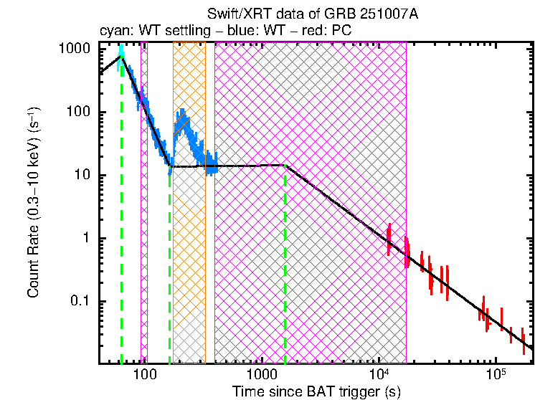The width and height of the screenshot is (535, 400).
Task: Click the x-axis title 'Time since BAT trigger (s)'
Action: (316, 392)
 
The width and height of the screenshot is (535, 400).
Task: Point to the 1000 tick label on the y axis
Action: (74, 49)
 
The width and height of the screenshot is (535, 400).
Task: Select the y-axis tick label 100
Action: (77, 112)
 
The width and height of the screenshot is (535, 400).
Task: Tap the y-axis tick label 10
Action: (81, 175)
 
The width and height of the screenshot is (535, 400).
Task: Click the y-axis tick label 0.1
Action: (79, 301)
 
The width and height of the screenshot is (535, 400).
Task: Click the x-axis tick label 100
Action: (146, 376)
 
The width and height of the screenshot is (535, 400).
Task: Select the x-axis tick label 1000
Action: (262, 376)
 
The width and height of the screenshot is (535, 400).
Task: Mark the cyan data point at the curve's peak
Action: (121, 52)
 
